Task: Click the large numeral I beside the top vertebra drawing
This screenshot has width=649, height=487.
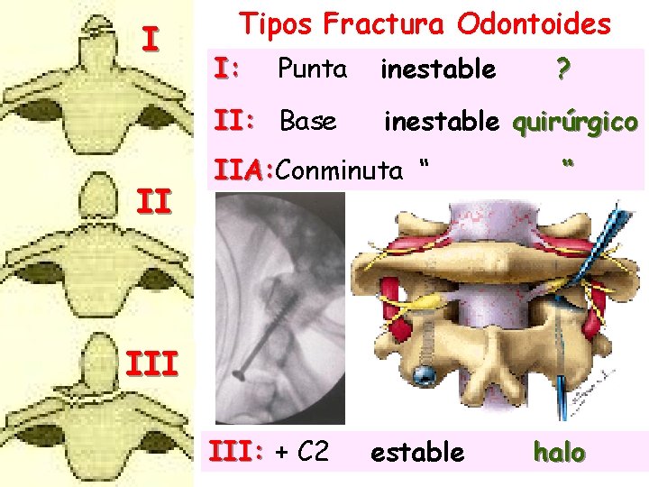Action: [x=151, y=40]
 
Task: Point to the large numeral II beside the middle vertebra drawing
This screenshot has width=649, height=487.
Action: [x=154, y=199]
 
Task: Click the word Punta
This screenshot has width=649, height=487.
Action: [x=312, y=68]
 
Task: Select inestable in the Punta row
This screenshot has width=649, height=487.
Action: [x=438, y=69]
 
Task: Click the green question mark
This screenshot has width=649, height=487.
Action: [x=562, y=69]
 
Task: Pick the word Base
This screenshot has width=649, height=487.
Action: [x=308, y=121]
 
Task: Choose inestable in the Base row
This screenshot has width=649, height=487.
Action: [x=442, y=121]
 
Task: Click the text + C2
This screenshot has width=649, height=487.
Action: [x=300, y=451]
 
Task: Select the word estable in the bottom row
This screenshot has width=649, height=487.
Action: [x=417, y=451]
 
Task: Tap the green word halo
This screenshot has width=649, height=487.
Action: [x=559, y=452]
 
